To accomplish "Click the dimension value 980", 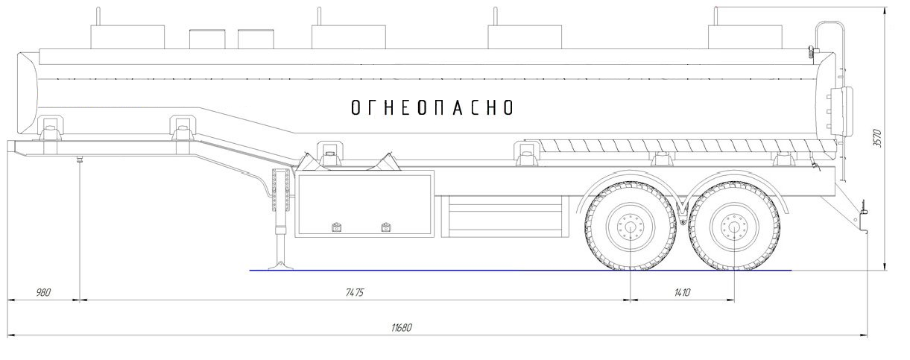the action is (43, 293).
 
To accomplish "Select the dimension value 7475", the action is (355, 293).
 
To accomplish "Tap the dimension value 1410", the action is (682, 293).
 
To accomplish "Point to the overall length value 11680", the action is (402, 327).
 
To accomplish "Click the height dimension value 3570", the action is (877, 138).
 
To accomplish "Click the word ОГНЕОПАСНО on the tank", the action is (432, 107).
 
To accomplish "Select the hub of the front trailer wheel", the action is (630, 227).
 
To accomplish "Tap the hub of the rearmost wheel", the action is (735, 227).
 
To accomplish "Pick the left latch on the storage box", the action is (336, 227).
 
